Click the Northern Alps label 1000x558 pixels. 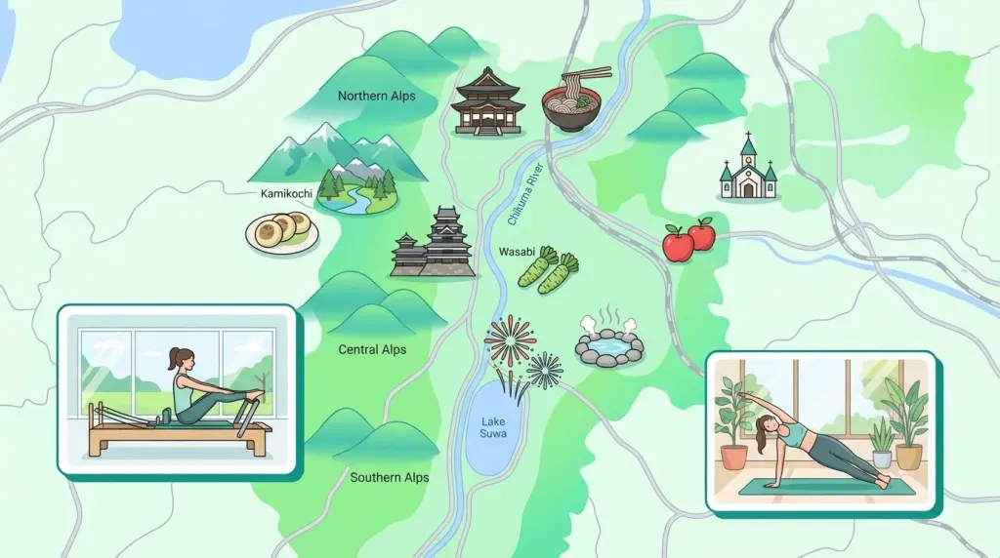point(376,96)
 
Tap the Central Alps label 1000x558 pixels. point(372,349)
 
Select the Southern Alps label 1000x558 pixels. point(390,477)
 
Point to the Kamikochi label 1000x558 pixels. point(286,193)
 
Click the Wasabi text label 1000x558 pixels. point(517,251)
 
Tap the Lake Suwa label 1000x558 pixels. point(494,427)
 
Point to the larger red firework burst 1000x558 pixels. point(512,341)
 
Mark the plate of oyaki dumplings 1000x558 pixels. point(280,233)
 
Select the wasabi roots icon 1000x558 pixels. point(549,270)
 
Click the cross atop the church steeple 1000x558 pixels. point(748,139)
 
